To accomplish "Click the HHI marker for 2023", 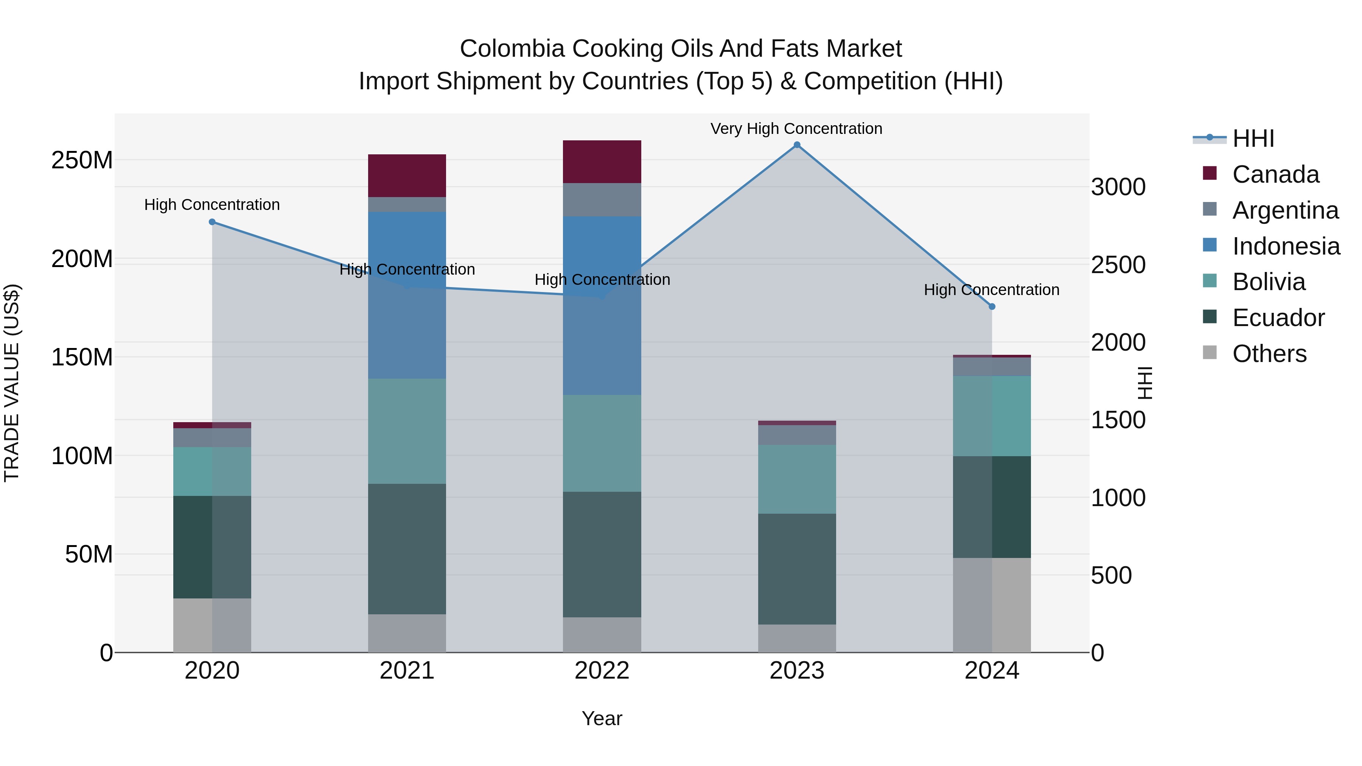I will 797,145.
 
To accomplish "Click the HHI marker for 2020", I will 212,222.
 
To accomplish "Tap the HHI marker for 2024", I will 992,307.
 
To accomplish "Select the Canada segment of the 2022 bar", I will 602,162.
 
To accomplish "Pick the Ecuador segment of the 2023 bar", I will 797,569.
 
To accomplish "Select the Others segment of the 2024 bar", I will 992,605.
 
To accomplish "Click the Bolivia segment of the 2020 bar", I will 212,472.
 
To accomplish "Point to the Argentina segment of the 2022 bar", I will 602,200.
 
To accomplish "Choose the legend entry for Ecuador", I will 1278,318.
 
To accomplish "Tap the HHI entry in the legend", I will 1253,138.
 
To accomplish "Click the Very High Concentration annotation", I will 796,129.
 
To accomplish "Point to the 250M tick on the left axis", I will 82,160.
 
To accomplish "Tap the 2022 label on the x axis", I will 602,671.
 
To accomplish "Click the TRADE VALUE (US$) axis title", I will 12,383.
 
